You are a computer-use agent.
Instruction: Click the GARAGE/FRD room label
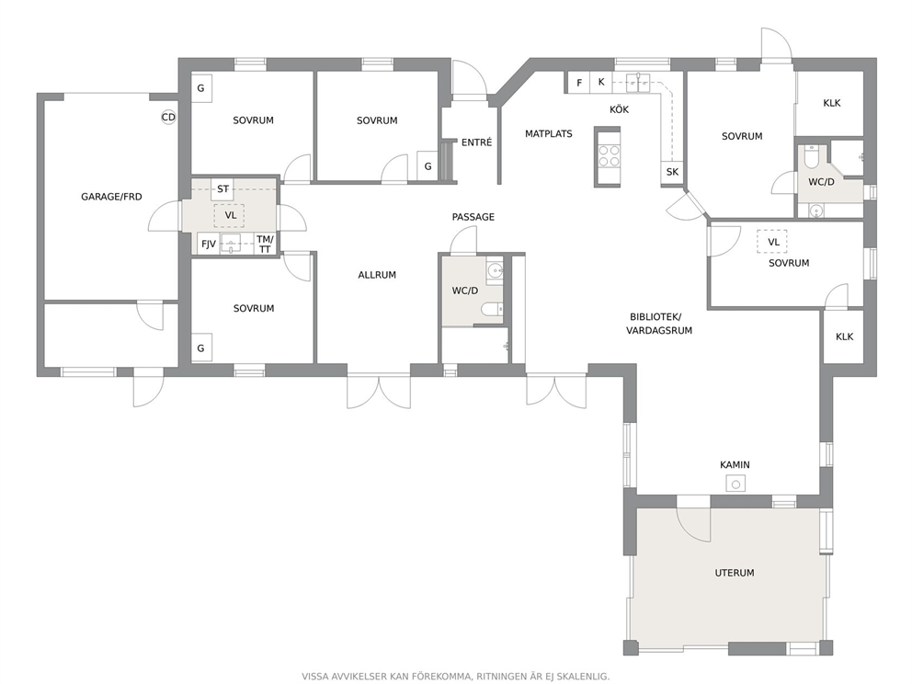[x=111, y=197]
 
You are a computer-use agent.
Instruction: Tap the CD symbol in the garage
[x=168, y=118]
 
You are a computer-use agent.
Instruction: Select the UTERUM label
[x=734, y=573]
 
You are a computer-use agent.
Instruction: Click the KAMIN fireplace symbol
[x=735, y=484]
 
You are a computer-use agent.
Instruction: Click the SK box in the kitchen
[x=672, y=172]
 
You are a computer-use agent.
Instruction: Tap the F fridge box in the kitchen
[x=579, y=83]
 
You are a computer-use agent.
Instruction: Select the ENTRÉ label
[x=476, y=142]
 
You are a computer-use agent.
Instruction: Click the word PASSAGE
[x=473, y=217]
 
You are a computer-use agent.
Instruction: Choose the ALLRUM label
[x=377, y=275]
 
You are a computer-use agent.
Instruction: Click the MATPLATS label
[x=549, y=134]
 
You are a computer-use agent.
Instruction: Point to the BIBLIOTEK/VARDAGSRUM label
[x=659, y=324]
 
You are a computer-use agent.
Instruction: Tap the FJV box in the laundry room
[x=208, y=244]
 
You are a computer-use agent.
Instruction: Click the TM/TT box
[x=265, y=244]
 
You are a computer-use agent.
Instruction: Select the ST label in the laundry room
[x=222, y=188]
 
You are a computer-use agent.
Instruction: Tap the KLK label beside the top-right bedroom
[x=832, y=103]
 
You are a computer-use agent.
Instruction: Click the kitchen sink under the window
[x=638, y=83]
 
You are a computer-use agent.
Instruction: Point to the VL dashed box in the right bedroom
[x=772, y=242]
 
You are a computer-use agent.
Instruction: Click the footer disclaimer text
[x=455, y=677]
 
